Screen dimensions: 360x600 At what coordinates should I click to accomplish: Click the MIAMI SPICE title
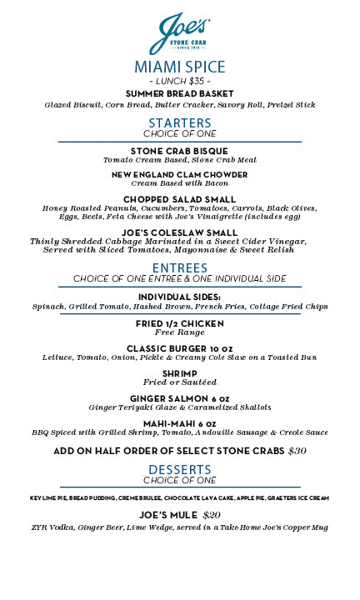coord(179,67)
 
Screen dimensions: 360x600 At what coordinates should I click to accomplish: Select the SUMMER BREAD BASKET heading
coord(179,94)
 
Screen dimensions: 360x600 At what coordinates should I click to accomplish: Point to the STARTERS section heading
coord(179,123)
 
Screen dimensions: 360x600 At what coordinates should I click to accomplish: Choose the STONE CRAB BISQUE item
coord(179,151)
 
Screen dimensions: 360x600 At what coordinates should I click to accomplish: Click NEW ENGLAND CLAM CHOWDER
coord(179,174)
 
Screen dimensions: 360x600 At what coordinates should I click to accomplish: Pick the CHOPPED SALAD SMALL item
coord(179,199)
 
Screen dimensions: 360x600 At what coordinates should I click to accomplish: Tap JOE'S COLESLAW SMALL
coord(179,232)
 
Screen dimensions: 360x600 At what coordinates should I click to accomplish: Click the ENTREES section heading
coord(179,267)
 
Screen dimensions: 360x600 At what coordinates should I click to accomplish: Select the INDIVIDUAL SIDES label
coord(179,297)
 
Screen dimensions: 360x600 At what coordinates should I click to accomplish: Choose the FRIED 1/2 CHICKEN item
coord(179,323)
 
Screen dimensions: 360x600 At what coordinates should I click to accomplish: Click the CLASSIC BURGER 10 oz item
coord(179,348)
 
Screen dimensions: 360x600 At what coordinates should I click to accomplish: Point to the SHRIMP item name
coord(179,373)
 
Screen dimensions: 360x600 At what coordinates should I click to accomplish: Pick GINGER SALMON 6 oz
coord(179,398)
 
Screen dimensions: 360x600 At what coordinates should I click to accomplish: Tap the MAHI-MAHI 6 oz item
coord(179,423)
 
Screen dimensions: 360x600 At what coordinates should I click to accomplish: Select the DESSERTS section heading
coord(179,471)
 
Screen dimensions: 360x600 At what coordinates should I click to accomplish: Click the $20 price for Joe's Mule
coord(212,515)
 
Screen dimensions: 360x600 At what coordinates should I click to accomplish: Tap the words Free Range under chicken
coord(179,332)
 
